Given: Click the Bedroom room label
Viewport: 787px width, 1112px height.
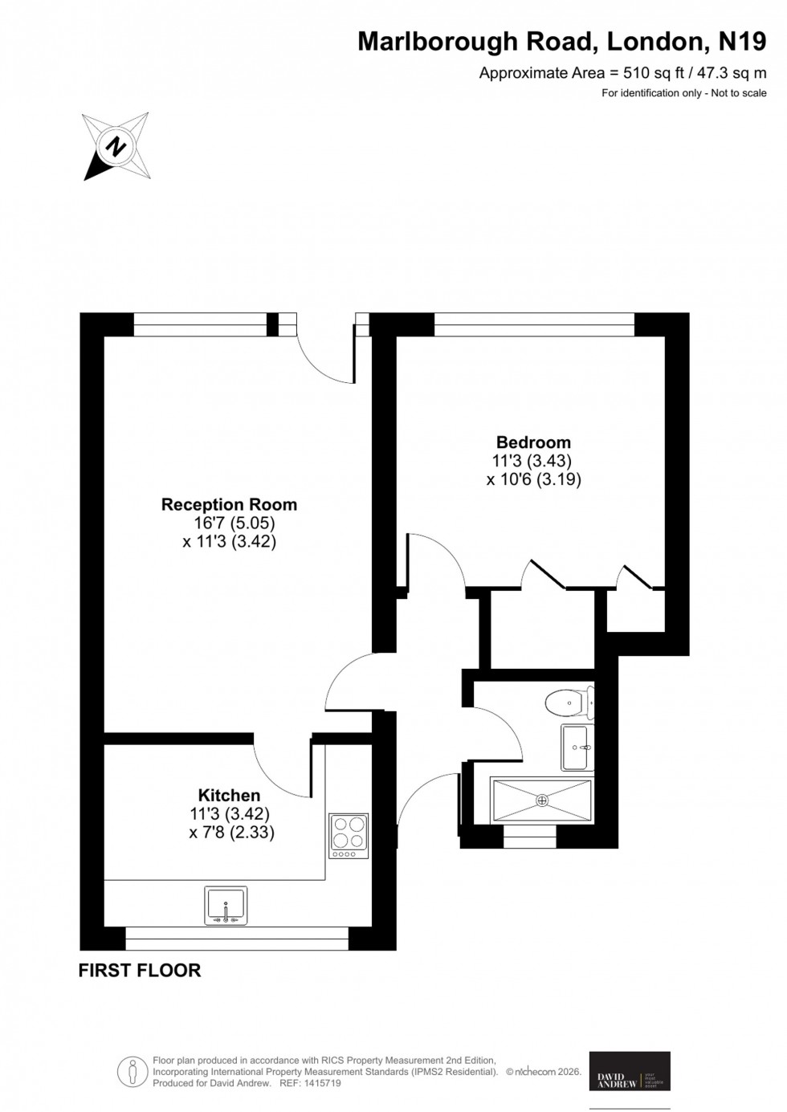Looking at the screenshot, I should click(533, 442).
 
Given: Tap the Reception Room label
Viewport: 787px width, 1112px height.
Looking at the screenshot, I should click(229, 505).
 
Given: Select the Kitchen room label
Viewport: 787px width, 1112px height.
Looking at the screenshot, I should click(230, 795).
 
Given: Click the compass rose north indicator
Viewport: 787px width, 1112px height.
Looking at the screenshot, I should click(117, 146).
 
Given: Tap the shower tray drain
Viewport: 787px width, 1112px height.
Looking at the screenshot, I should click(542, 800).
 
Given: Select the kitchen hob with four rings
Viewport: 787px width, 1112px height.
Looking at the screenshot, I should click(349, 832).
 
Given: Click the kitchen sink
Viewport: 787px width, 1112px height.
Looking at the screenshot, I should click(226, 904).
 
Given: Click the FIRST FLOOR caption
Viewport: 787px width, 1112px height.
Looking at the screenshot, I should click(139, 971).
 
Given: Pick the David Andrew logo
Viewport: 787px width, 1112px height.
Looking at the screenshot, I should click(630, 1071).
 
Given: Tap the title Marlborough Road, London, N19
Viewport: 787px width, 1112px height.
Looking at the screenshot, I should click(561, 42).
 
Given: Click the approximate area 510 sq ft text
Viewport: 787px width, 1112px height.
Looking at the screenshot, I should click(622, 73).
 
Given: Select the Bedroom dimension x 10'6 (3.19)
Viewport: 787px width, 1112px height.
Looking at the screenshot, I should click(533, 479).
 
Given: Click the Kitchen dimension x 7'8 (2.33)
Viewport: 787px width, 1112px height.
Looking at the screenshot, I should click(231, 833).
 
